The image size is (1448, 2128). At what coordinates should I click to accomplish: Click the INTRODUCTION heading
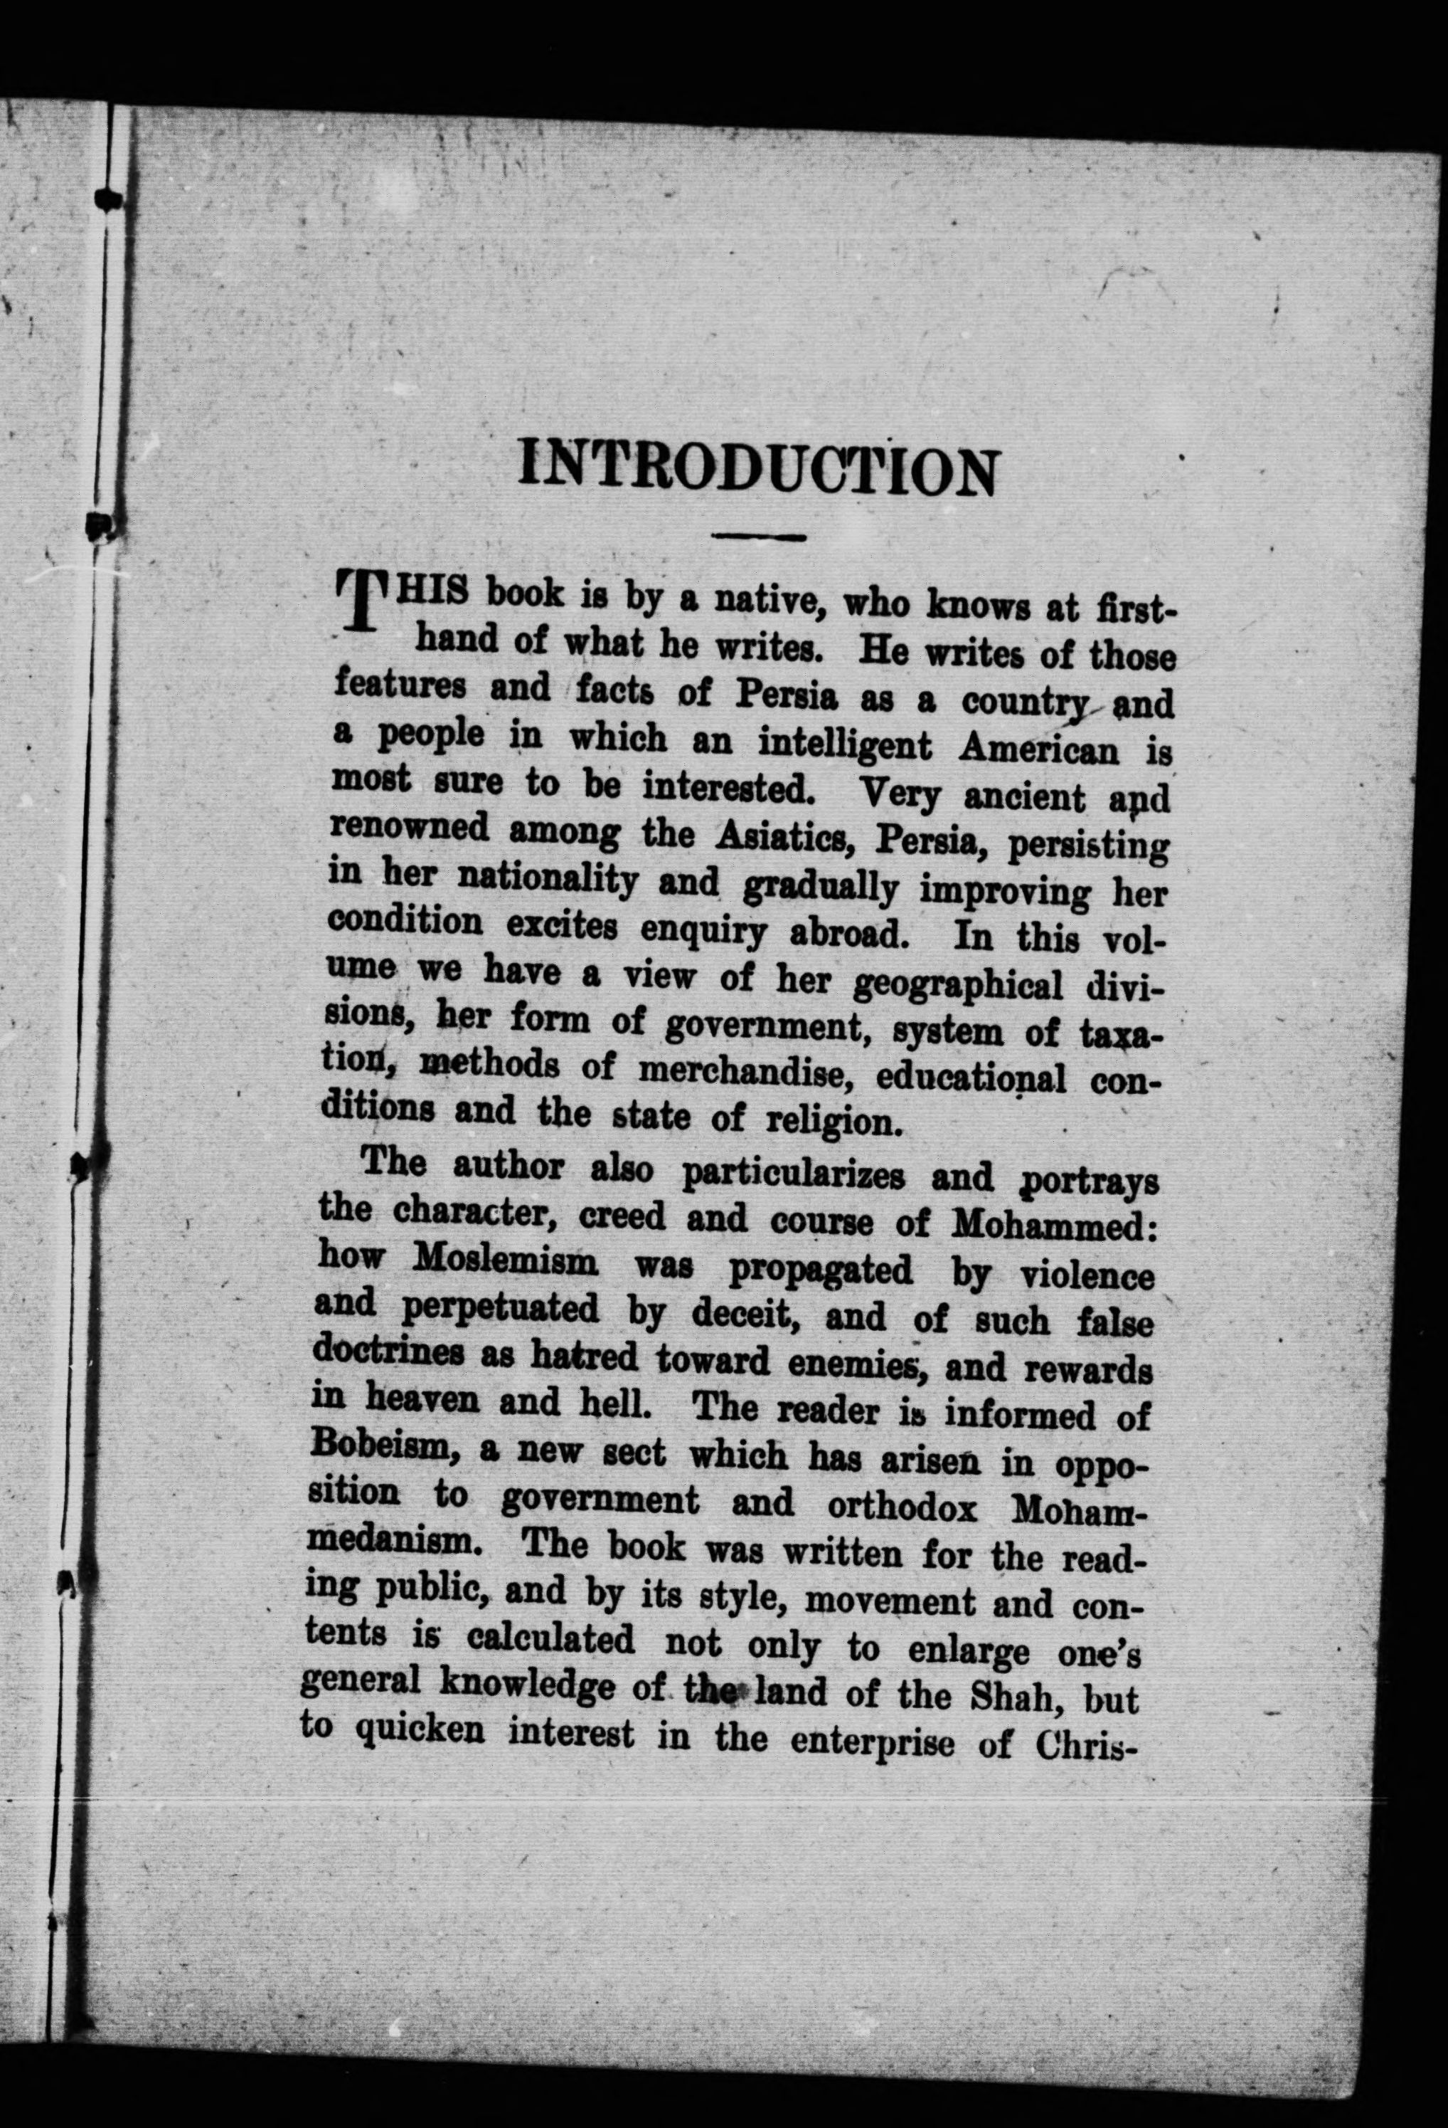pyautogui.click(x=756, y=467)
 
